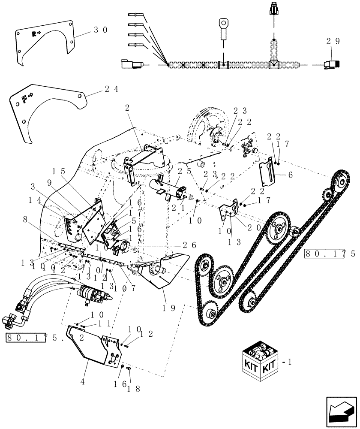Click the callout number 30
point(101,30)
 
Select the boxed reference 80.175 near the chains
point(330,254)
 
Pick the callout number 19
point(166,308)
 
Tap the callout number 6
point(290,175)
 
